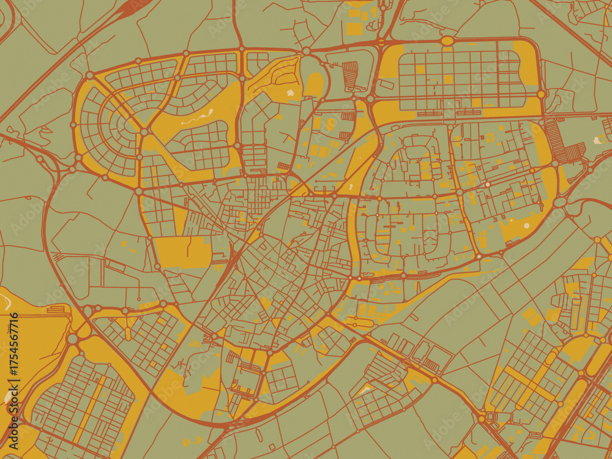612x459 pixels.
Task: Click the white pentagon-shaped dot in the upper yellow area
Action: [x=289, y=92]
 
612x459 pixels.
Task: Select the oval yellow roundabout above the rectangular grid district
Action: [x=447, y=41]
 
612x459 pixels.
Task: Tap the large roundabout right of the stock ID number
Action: [x=73, y=338]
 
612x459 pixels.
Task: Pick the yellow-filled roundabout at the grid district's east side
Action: [x=541, y=94]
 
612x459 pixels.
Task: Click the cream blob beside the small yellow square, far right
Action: [x=597, y=140]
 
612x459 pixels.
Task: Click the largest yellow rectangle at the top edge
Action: [x=354, y=28]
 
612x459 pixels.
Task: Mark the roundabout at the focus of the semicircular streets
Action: [x=144, y=132]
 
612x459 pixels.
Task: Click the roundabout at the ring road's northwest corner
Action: [x=89, y=75]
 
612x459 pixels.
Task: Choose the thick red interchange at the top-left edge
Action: [x=132, y=7]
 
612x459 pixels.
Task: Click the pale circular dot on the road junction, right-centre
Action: [x=488, y=184]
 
